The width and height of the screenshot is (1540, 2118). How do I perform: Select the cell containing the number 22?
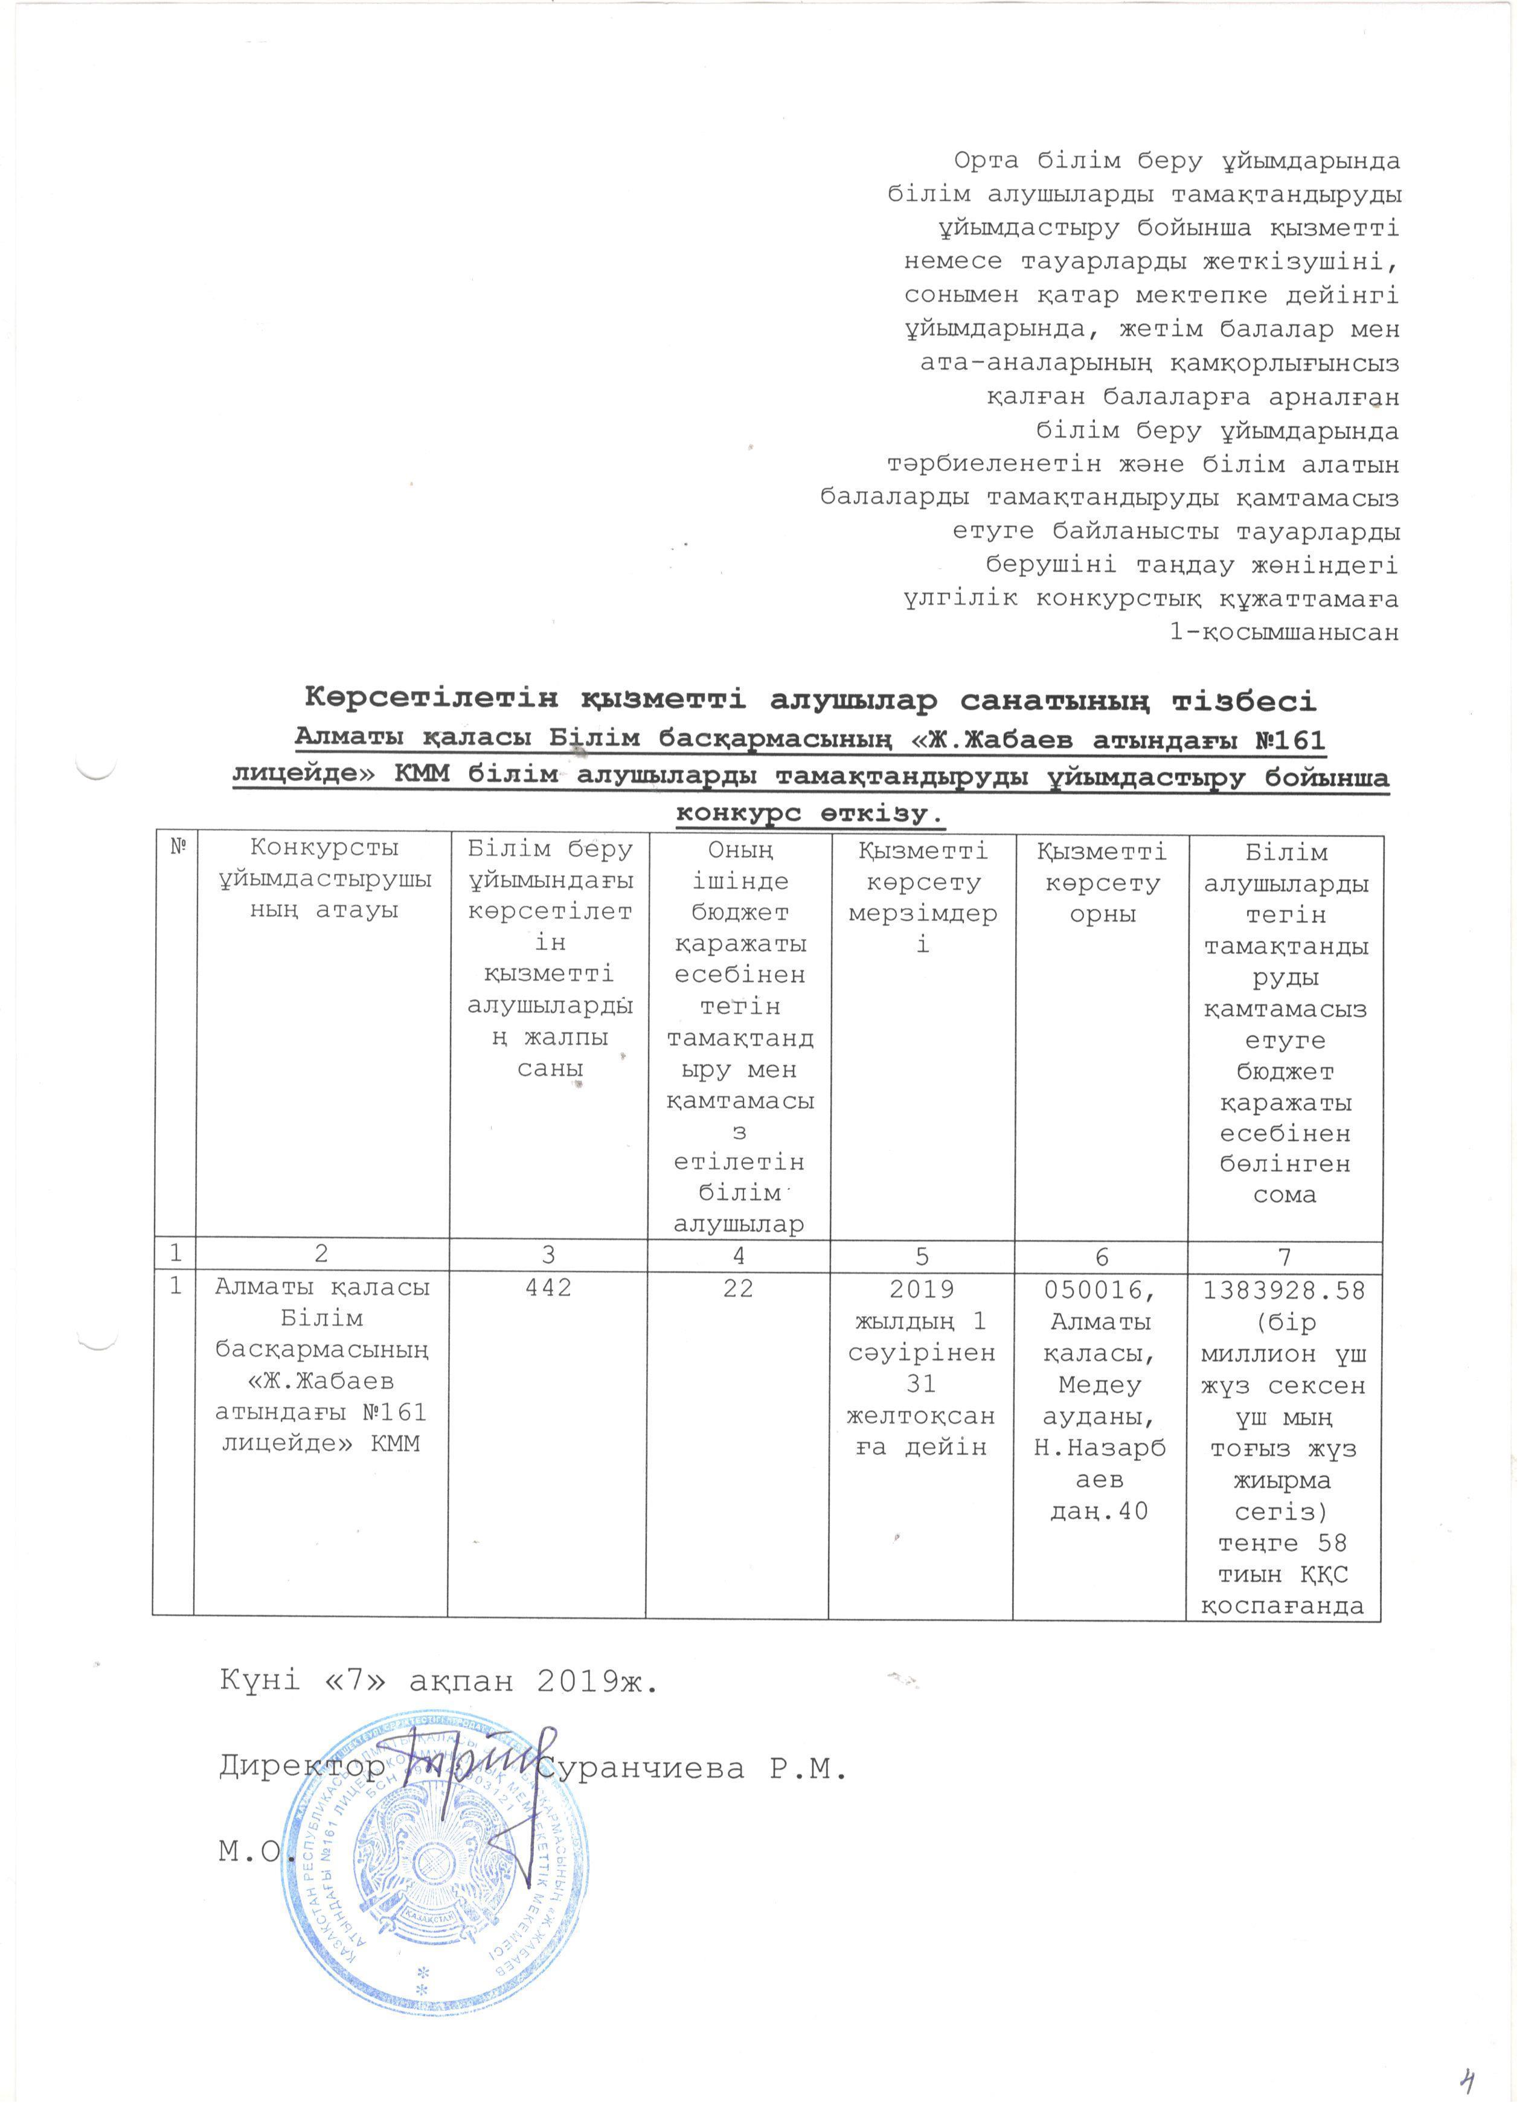click(738, 1289)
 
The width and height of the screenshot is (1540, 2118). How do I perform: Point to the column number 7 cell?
click(1285, 1256)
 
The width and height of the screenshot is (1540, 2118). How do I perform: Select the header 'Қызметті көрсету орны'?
click(1102, 882)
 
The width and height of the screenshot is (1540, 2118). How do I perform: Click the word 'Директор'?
click(301, 1769)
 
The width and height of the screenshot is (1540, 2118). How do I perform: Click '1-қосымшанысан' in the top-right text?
click(1285, 633)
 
